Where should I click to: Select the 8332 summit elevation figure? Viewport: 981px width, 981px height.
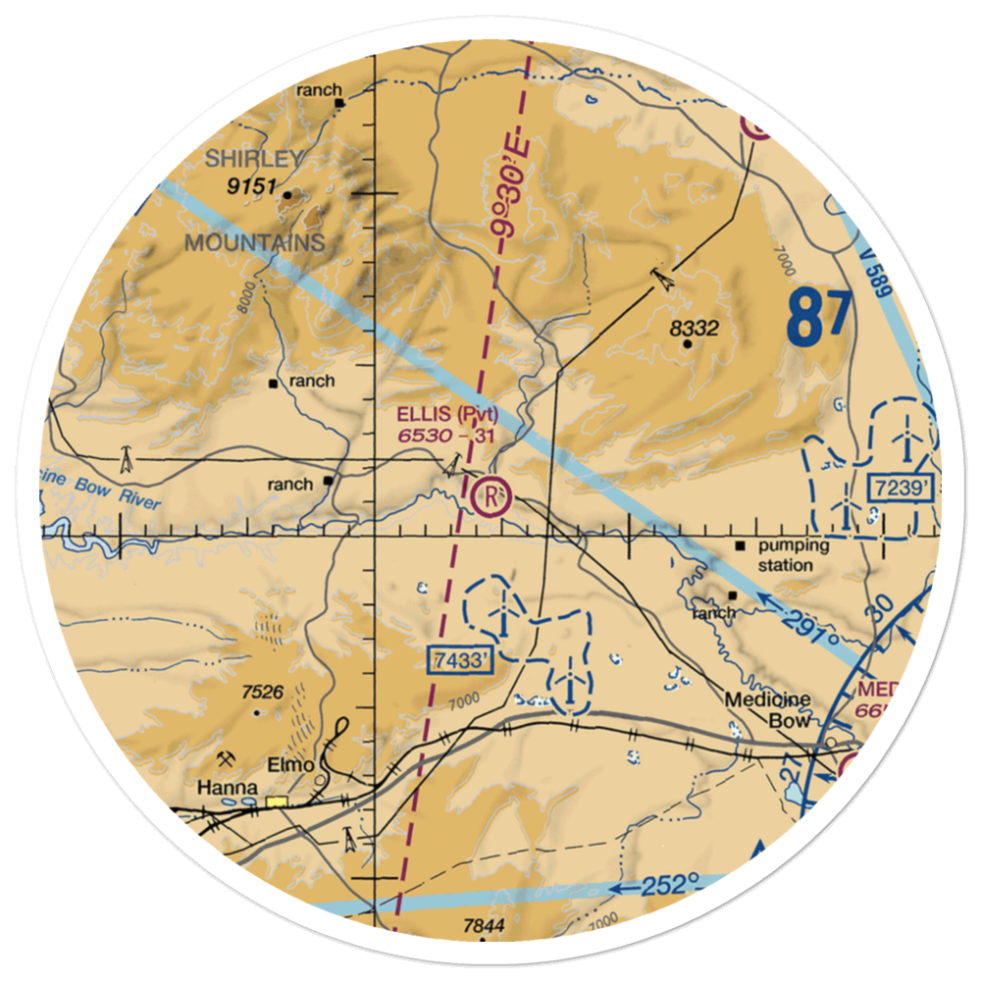click(695, 330)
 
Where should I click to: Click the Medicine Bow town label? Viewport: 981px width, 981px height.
click(768, 710)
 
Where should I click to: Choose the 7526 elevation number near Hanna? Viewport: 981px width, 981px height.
click(262, 693)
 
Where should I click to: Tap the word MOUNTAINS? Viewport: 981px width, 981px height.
click(255, 242)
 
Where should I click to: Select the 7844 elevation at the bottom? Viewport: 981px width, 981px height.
click(483, 926)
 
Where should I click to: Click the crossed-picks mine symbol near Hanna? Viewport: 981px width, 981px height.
click(226, 758)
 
